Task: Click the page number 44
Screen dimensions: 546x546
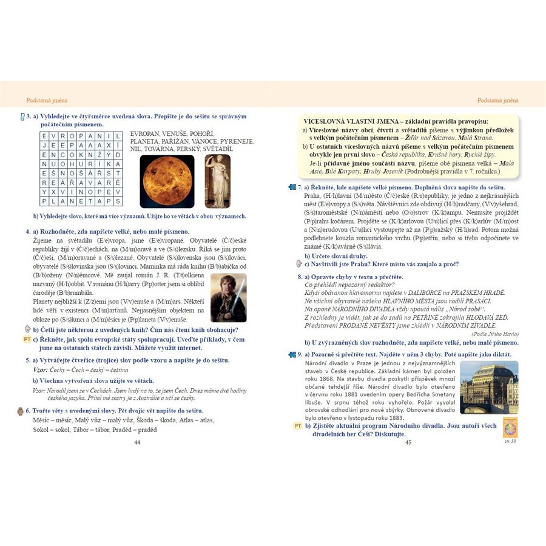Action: point(136,442)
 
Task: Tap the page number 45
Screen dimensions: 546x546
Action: point(408,442)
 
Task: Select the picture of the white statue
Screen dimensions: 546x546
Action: point(217,181)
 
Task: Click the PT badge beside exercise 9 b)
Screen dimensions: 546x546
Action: point(297,426)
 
